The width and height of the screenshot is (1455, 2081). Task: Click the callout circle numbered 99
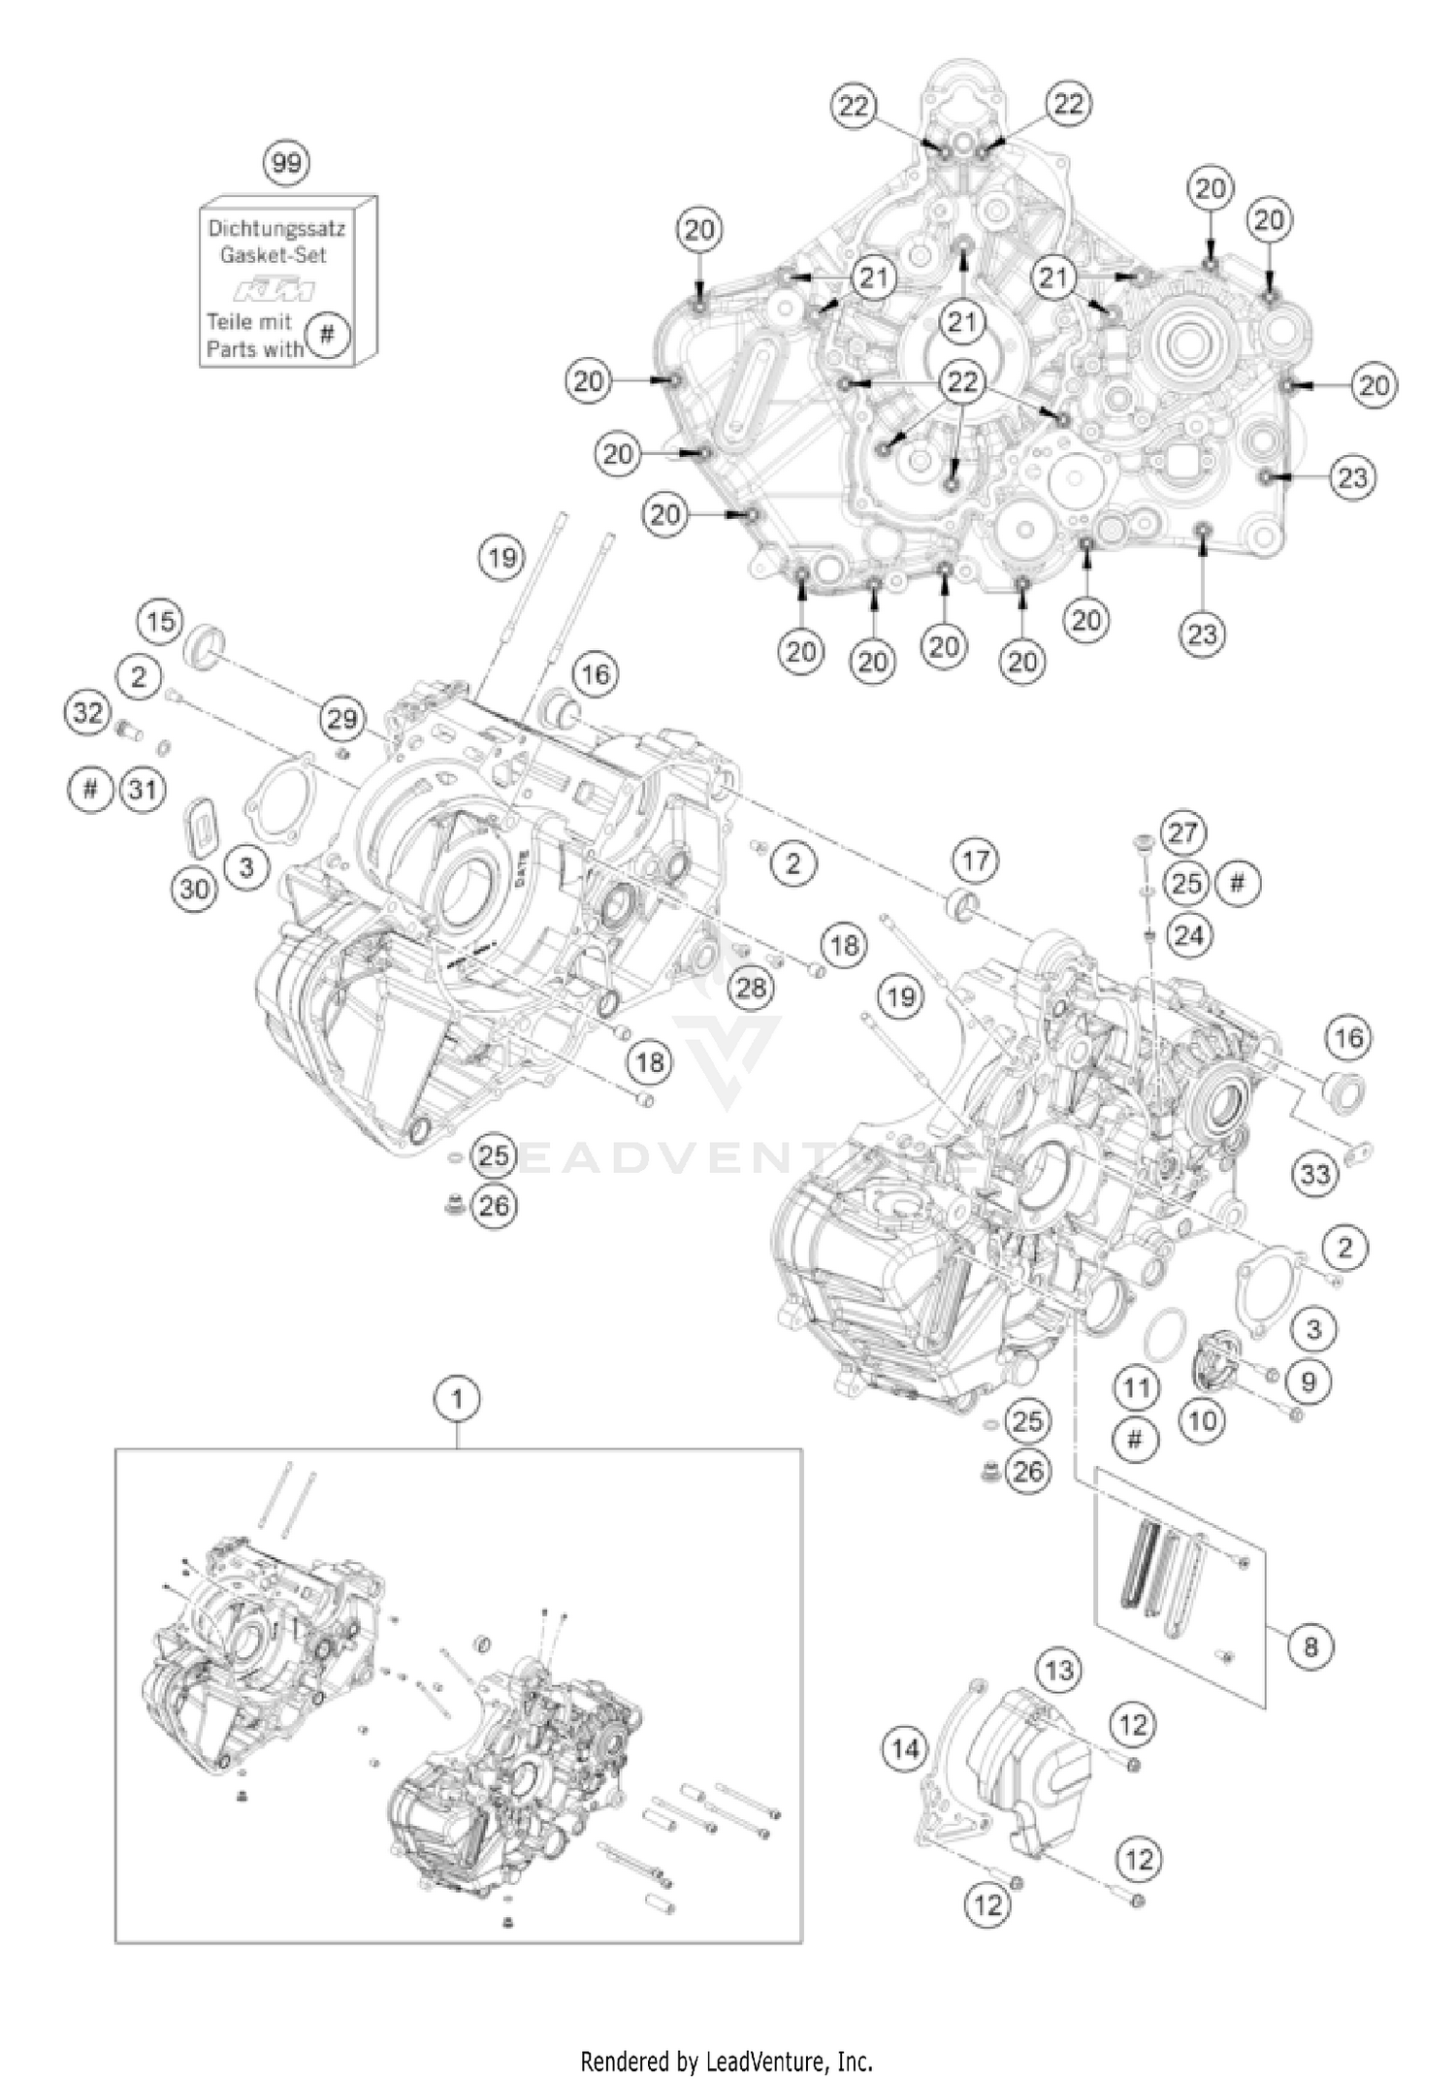pyautogui.click(x=286, y=162)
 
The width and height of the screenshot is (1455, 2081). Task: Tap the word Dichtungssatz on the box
pyautogui.click(x=276, y=230)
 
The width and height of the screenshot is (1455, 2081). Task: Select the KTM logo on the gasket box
pyautogui.click(x=276, y=290)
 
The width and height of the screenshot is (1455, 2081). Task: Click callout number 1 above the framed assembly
pyautogui.click(x=458, y=1400)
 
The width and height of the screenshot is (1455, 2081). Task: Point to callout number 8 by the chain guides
pyautogui.click(x=1310, y=1646)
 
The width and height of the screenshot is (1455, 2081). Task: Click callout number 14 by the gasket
pyautogui.click(x=905, y=1749)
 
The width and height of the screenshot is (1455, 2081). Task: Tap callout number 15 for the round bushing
pyautogui.click(x=161, y=621)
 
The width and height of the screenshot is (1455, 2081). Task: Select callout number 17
pyautogui.click(x=976, y=861)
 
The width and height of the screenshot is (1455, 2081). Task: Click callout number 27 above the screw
pyautogui.click(x=1182, y=832)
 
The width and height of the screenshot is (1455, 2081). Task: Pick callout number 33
pyautogui.click(x=1315, y=1175)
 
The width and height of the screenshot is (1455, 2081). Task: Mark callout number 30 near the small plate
pyautogui.click(x=195, y=887)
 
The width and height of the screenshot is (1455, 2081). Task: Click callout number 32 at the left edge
pyautogui.click(x=87, y=713)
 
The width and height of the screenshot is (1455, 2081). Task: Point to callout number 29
pyautogui.click(x=341, y=719)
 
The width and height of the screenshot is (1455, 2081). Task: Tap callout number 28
pyautogui.click(x=751, y=988)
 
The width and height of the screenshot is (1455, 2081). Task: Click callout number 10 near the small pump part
pyautogui.click(x=1202, y=1421)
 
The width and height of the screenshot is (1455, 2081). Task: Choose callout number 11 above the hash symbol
pyautogui.click(x=1136, y=1387)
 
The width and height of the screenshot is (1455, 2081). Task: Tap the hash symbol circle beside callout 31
pyautogui.click(x=90, y=789)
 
